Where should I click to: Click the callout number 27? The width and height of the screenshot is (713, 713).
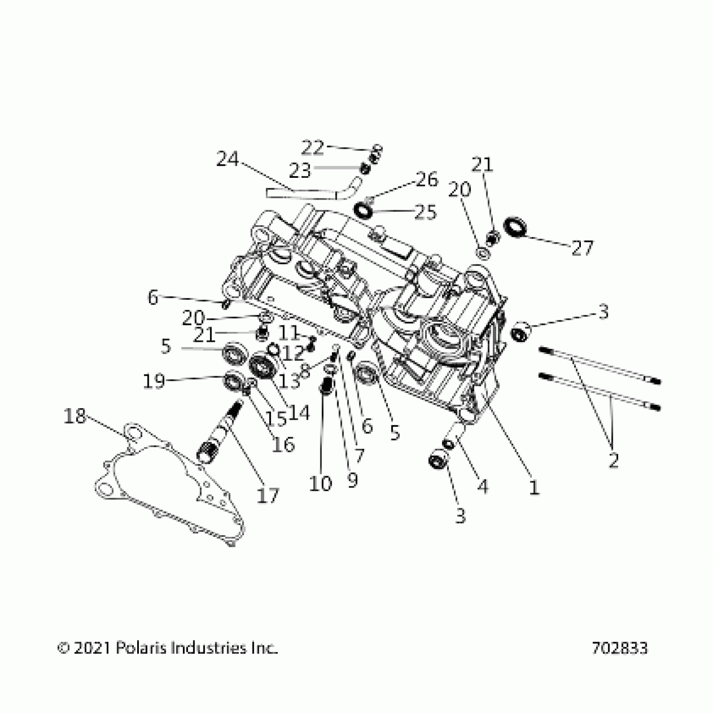point(583,248)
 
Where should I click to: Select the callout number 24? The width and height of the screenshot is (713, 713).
point(227,160)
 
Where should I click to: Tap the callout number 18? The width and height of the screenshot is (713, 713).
point(75,417)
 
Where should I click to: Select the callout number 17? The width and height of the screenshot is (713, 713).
point(268,496)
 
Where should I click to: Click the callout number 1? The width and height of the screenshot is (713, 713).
point(533,488)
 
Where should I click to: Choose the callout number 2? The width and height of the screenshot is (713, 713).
point(613,461)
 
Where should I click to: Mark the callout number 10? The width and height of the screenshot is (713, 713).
point(320,484)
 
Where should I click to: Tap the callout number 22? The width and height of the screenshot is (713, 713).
point(313,148)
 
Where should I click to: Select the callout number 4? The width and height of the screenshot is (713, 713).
point(483,487)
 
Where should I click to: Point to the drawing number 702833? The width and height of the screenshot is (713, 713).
point(619,648)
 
